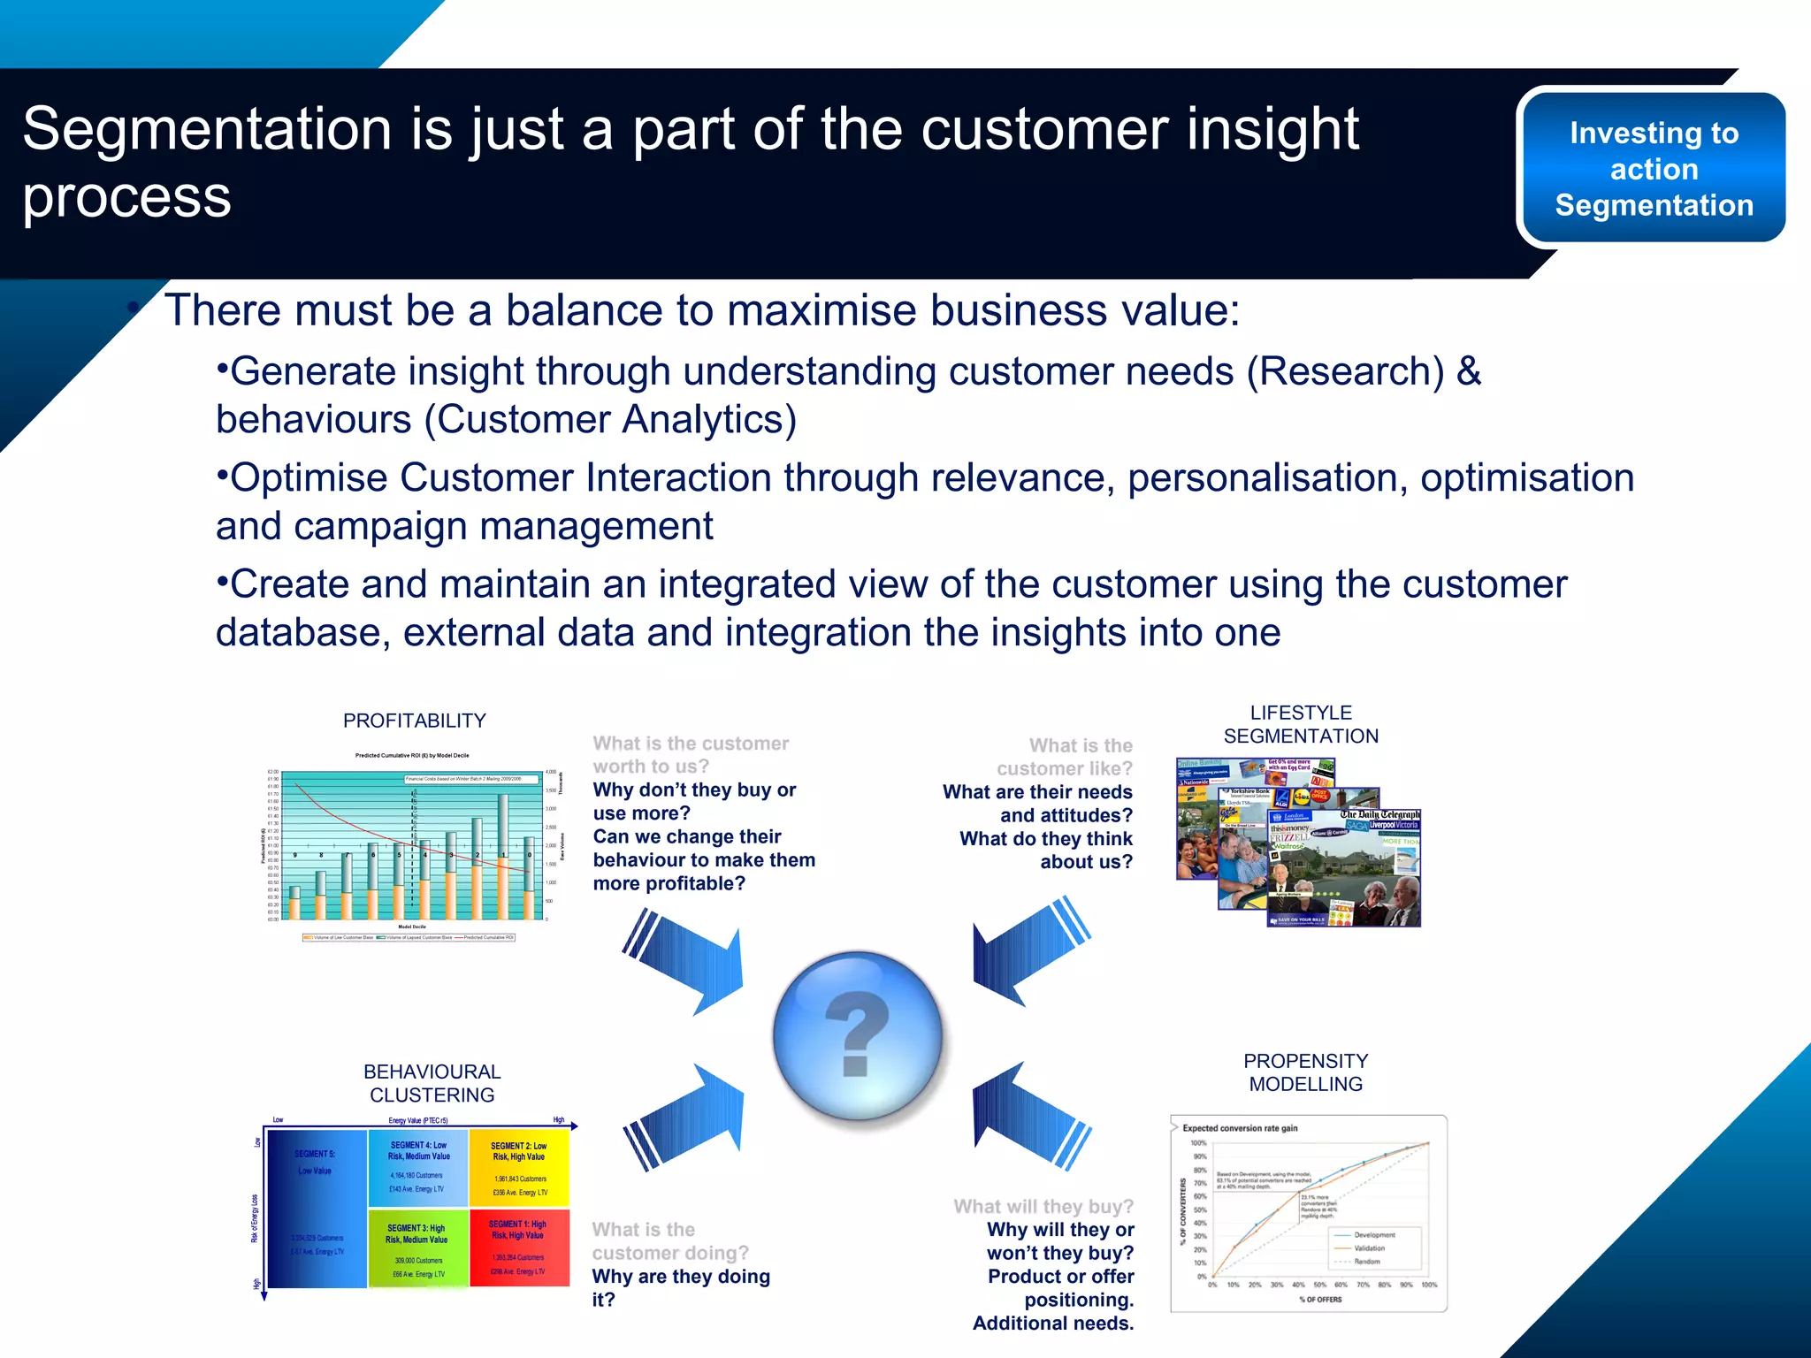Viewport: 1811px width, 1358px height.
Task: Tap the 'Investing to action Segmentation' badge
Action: pos(1653,168)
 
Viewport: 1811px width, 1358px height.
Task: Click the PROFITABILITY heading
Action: pos(414,721)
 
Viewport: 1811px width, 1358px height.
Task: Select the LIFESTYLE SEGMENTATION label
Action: pos(1300,724)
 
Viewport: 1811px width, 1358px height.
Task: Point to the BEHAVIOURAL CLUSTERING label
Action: pos(432,1083)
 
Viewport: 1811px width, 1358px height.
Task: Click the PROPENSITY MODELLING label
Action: pos(1305,1072)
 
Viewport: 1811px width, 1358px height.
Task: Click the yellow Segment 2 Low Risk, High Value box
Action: pos(519,1168)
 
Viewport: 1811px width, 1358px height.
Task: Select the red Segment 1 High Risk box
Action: pos(519,1247)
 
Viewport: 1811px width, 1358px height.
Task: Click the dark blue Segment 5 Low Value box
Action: pos(316,1208)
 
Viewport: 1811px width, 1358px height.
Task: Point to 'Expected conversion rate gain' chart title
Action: pos(1240,1128)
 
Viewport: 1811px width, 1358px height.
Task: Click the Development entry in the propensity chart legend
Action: pos(1373,1235)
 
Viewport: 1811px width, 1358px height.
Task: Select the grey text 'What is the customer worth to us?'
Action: pos(690,755)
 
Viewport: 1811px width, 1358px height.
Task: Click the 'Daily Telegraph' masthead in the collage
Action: pos(1380,814)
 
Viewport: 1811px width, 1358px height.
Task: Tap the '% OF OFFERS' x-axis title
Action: pos(1319,1300)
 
